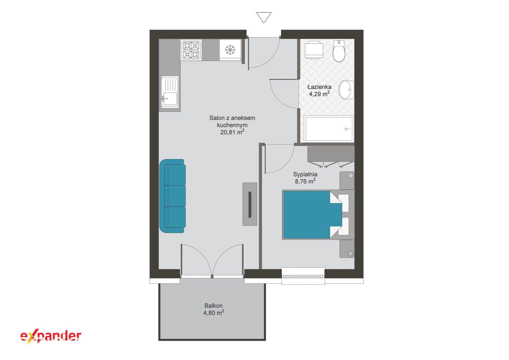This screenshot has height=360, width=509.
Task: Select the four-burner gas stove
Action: [191, 50]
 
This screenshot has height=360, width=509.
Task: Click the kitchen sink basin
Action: [170, 99]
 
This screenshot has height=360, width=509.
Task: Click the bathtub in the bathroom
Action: [329, 129]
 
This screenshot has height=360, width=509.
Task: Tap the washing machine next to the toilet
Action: [314, 49]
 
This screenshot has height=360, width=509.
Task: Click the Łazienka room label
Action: [319, 87]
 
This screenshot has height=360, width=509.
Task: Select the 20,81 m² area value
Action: [232, 132]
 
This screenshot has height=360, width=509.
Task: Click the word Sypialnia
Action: [305, 174]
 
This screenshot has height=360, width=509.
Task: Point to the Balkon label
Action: [213, 306]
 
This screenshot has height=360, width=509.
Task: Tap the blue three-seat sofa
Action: [172, 196]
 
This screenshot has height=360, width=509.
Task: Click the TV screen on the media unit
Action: [250, 205]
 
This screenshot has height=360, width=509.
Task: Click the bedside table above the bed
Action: [347, 180]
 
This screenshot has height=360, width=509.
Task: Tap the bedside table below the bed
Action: [347, 249]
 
